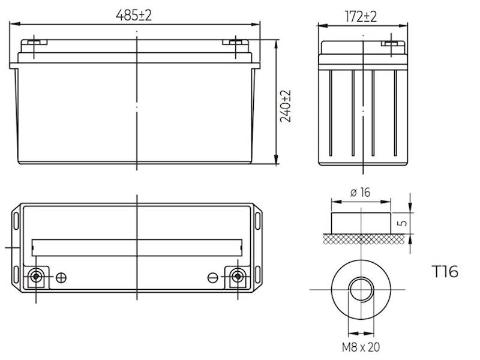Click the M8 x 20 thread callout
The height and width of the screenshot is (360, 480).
point(360,347)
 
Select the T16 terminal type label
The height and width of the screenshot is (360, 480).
point(445,272)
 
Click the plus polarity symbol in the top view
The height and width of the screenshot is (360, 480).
point(61,277)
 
